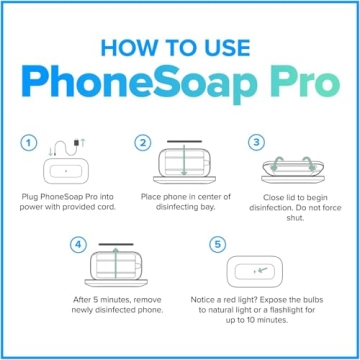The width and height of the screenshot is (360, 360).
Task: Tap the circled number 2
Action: pos(145,142)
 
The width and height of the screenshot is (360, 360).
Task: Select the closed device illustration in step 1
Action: pos(64,169)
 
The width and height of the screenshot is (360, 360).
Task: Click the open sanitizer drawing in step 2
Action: pos(180,162)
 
